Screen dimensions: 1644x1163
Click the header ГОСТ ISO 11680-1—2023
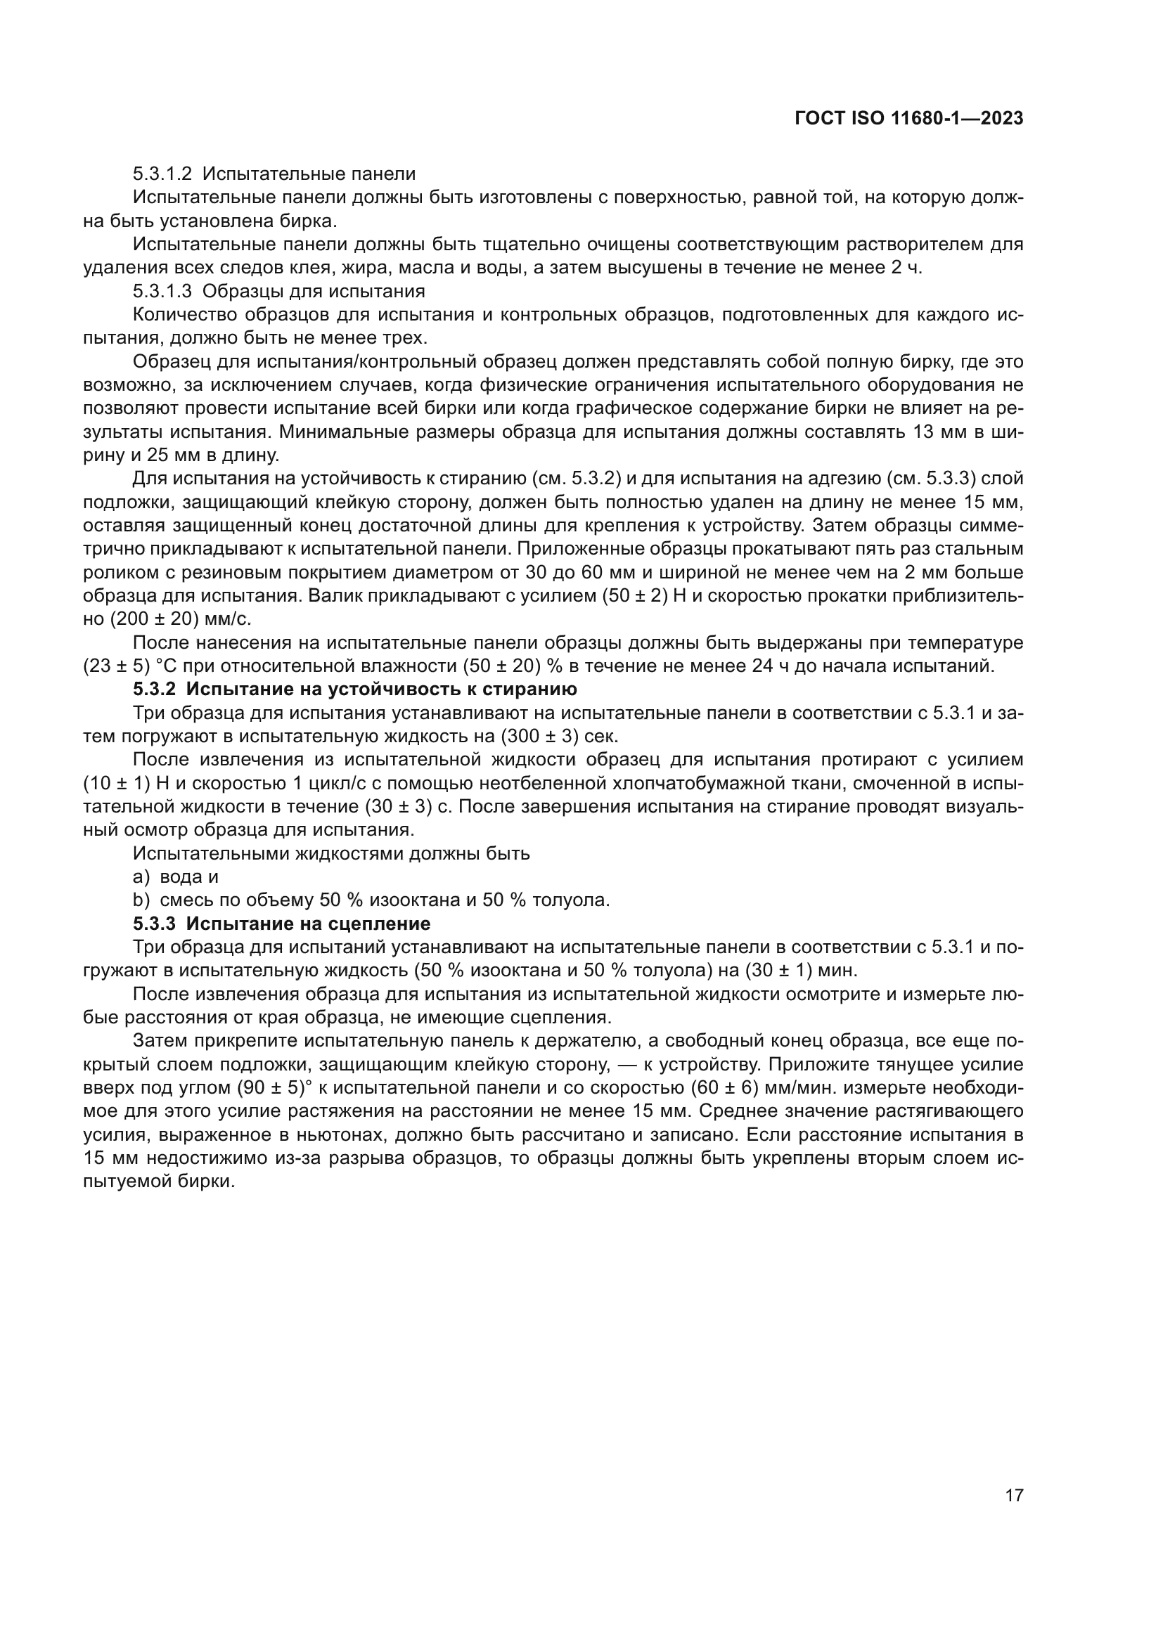908,119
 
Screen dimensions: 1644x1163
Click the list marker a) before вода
141,876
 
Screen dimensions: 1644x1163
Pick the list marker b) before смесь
141,900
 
